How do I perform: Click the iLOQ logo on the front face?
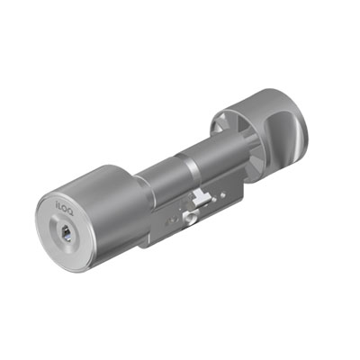pos(65,205)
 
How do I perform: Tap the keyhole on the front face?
pos(65,233)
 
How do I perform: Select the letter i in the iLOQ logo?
pos(57,203)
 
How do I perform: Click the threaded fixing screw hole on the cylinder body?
pos(189,218)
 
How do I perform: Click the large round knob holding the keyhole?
pos(90,217)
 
